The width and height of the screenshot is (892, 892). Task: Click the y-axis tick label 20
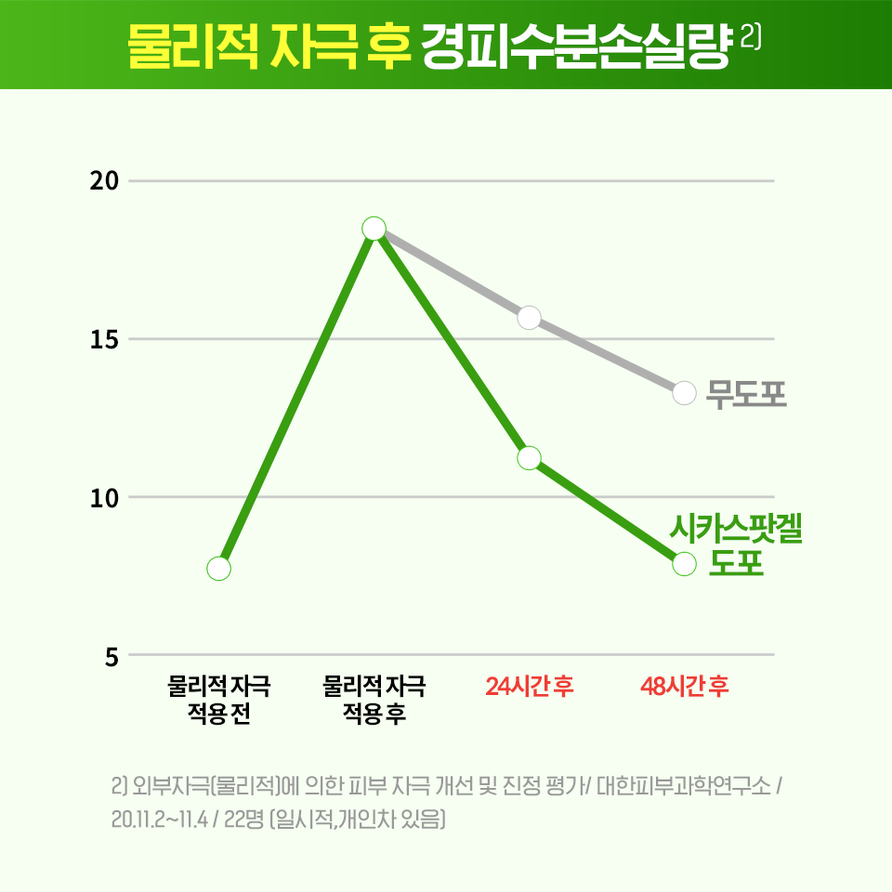(x=104, y=181)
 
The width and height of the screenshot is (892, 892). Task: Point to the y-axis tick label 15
(x=104, y=339)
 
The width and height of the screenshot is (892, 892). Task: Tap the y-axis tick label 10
(x=104, y=498)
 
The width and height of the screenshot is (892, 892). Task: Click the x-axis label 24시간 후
(x=530, y=688)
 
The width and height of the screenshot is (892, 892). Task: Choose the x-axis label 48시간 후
(x=685, y=688)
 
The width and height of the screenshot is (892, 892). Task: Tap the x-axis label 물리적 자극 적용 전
(x=219, y=701)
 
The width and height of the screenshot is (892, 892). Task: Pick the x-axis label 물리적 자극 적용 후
(x=374, y=701)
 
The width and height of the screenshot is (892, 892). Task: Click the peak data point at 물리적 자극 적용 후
(x=374, y=229)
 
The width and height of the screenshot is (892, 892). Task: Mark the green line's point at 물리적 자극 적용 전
(x=219, y=569)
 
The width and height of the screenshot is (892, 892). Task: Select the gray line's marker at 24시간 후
(x=530, y=318)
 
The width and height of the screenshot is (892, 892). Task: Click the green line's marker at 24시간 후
(x=530, y=458)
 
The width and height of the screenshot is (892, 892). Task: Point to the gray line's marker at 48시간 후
(x=685, y=393)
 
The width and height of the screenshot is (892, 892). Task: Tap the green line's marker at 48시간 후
(x=685, y=564)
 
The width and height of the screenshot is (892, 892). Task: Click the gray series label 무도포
(x=746, y=394)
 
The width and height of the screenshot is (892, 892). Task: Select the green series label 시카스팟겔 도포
(x=736, y=547)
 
